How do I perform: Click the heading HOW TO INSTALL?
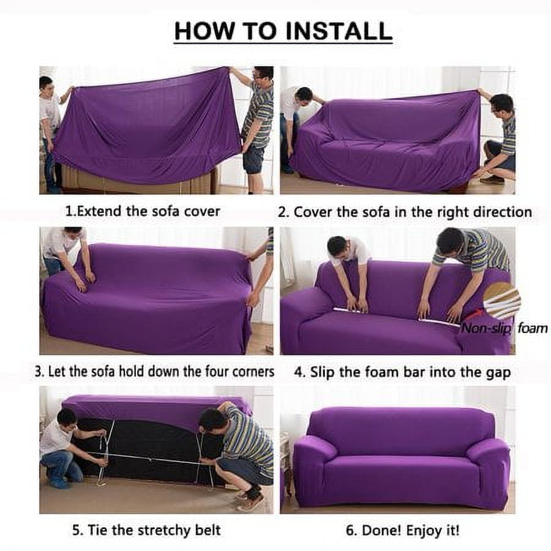[283, 31]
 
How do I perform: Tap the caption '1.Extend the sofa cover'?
[142, 211]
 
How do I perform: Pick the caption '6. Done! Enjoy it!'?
[402, 530]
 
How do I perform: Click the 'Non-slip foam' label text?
[504, 329]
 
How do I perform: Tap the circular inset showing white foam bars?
[501, 301]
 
